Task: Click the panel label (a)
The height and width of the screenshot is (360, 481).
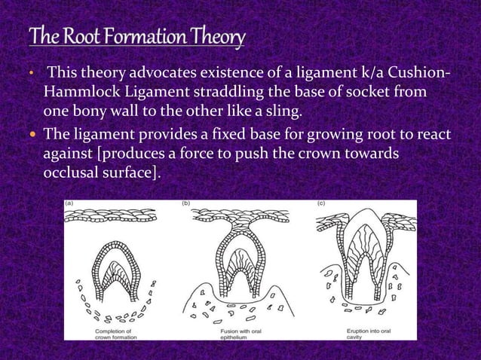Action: tap(69, 203)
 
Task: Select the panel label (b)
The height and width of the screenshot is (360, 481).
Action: tap(186, 203)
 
